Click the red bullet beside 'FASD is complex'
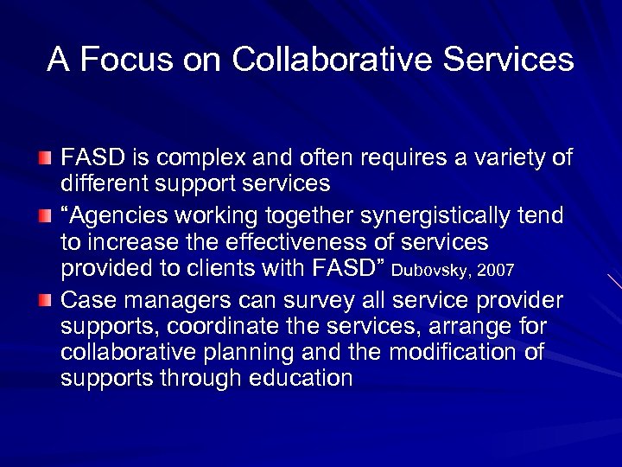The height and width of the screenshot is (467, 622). pos(44,160)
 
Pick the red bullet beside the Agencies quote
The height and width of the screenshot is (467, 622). pos(44,214)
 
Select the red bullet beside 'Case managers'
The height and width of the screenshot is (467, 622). pos(44,299)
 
